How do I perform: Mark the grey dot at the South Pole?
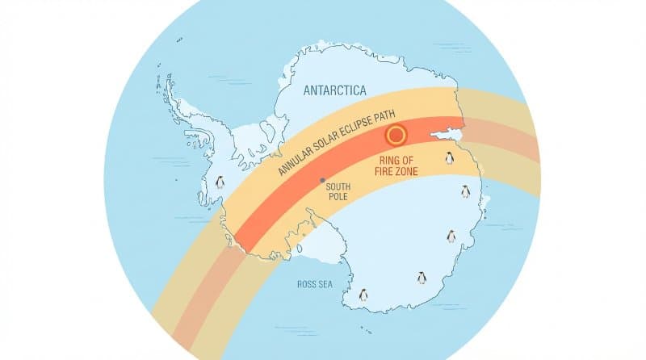[x=322, y=180]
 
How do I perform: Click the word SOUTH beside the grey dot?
[x=338, y=186]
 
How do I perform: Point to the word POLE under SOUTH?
[x=338, y=197]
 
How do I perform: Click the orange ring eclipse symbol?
[x=396, y=135]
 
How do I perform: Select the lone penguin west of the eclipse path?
[x=219, y=183]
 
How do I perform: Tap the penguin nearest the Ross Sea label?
[x=363, y=295]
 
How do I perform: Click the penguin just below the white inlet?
[x=450, y=158]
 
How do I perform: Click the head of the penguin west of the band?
[x=219, y=178]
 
